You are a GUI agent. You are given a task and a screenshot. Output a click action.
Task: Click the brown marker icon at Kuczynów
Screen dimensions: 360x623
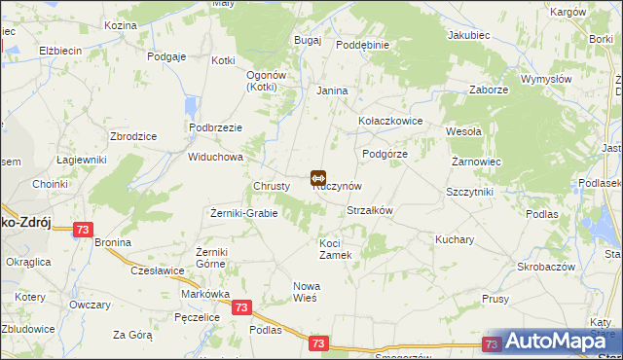pyautogui.click(x=317, y=177)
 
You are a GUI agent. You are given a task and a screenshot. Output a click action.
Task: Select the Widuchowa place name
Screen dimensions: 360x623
pyautogui.click(x=215, y=157)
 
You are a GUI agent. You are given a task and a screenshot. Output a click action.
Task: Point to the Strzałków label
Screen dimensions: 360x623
pyautogui.click(x=369, y=210)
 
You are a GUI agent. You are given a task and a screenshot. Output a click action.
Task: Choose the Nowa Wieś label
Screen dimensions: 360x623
pyautogui.click(x=307, y=292)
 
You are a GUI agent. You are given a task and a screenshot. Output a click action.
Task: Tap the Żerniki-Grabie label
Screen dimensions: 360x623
pyautogui.click(x=244, y=213)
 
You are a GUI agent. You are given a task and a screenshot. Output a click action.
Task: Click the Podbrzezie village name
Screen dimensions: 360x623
pyautogui.click(x=216, y=128)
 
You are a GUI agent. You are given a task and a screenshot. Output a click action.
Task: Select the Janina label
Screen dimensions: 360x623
pyautogui.click(x=332, y=90)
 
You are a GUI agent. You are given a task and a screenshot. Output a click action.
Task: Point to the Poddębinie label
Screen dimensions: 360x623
pyautogui.click(x=362, y=46)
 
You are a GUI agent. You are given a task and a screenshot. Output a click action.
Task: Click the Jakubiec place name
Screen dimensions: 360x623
pyautogui.click(x=467, y=35)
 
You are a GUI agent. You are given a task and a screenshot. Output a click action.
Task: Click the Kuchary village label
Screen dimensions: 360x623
pyautogui.click(x=455, y=238)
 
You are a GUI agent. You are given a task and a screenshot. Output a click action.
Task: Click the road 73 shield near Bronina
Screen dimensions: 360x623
pyautogui.click(x=84, y=230)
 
